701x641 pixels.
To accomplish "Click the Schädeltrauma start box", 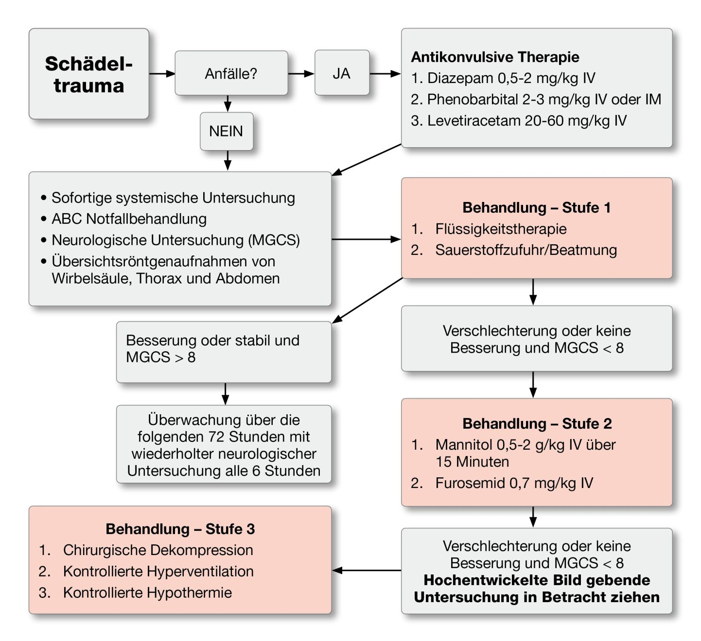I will pos(88,74).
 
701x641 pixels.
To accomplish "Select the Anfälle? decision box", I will pos(231,73).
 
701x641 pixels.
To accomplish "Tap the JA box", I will pos(341,73).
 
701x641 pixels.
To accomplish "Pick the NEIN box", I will pos(226,131).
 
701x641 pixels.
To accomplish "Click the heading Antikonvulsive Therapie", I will pos(495,57).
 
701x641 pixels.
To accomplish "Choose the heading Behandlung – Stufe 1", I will pos(536,207).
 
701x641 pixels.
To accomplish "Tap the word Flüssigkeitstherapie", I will pos(501,229).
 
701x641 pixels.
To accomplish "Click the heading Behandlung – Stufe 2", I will pos(537,423).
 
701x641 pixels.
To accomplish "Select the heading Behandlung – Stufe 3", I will pos(180,529).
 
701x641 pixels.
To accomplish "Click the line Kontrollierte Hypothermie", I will pos(147,592).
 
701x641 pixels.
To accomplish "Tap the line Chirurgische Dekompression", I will pos(158,550).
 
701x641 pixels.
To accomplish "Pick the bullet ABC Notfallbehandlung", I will pos(129,219).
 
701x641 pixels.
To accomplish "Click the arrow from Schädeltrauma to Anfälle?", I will pos(162,74).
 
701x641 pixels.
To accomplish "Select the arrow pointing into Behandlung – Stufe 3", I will pos(367,570).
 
